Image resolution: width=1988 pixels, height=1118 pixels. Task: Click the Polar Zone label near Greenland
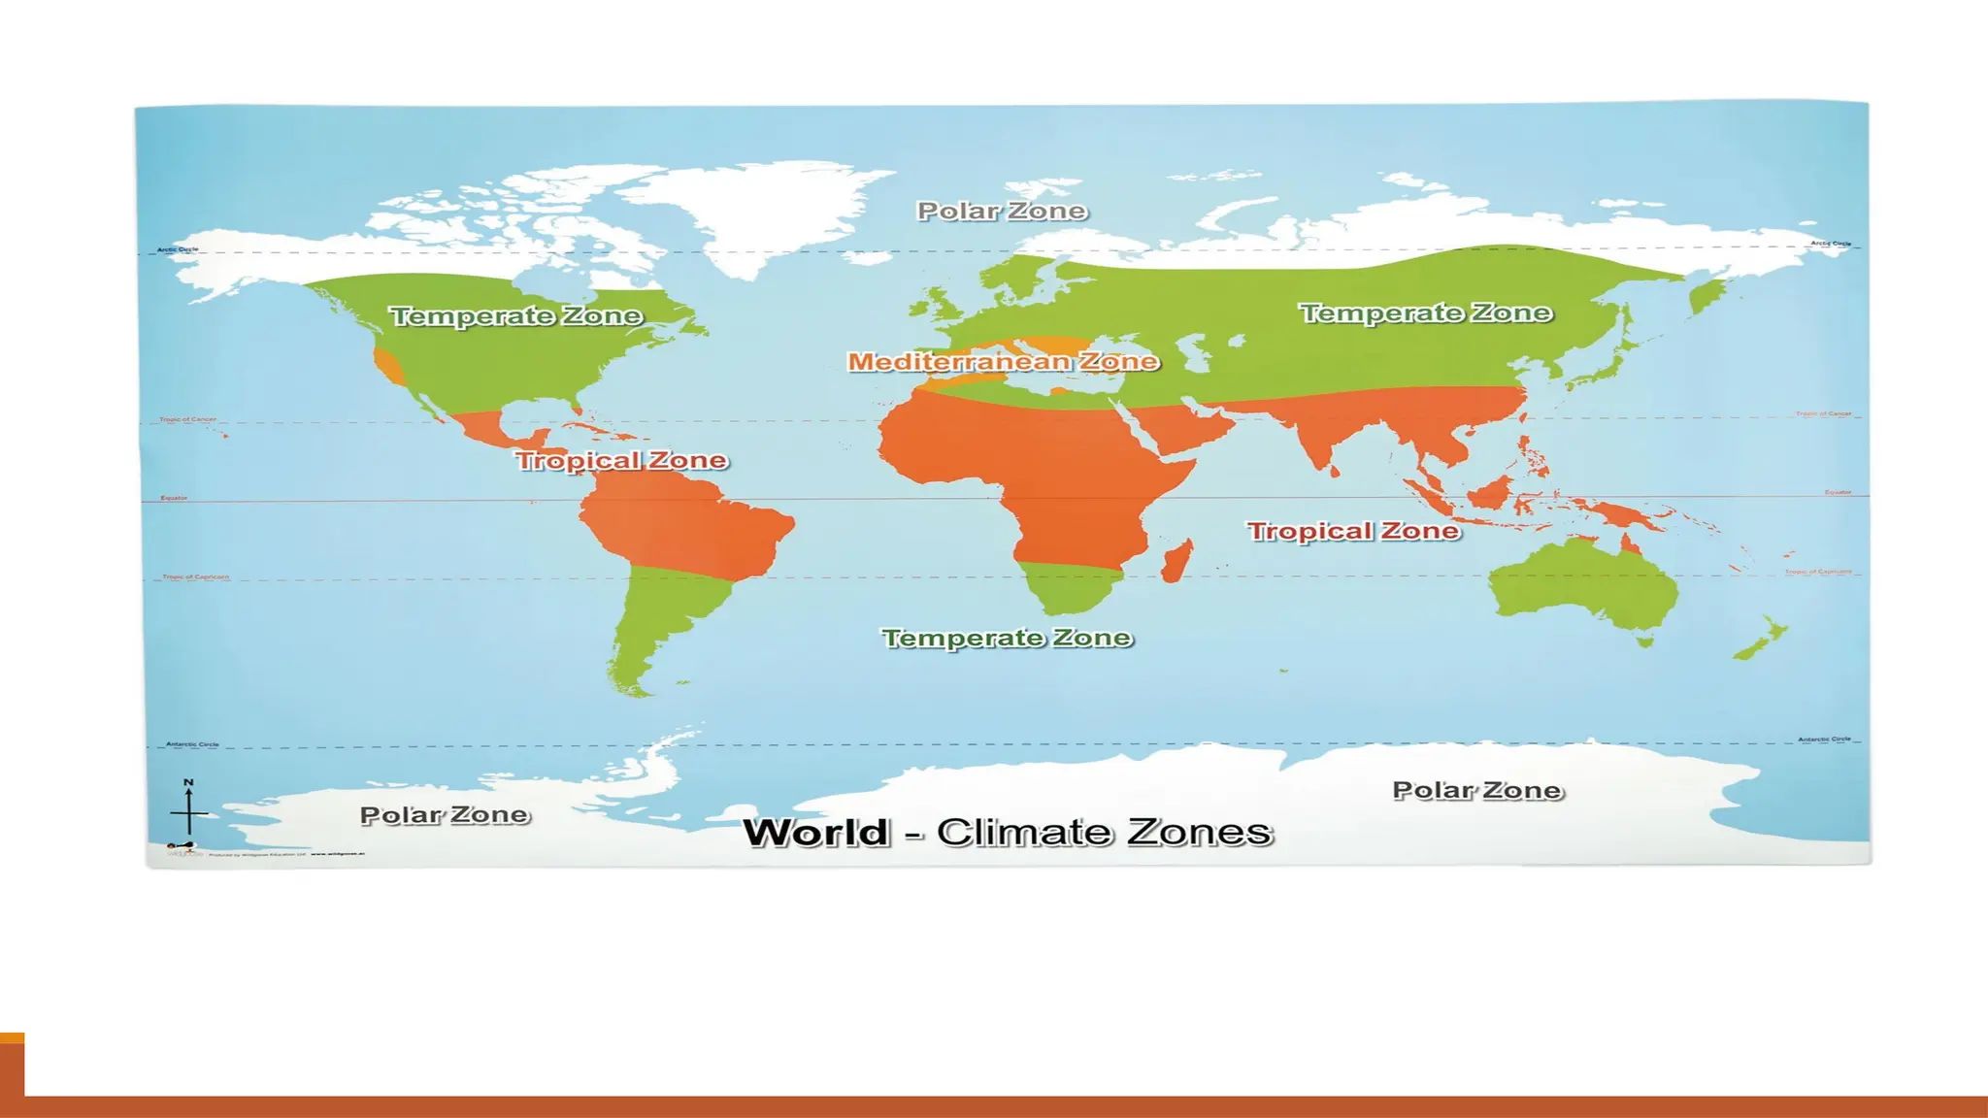point(1002,211)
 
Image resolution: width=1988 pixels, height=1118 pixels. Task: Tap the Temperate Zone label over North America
point(515,315)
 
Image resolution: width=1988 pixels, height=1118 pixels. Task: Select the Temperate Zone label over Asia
point(1425,312)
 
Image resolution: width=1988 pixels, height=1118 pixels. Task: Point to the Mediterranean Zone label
point(1003,361)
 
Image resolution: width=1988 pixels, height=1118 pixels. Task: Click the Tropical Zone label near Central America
point(621,460)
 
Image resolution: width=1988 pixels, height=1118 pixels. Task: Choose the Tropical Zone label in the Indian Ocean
point(1353,531)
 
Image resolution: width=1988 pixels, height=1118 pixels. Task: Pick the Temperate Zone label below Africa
point(1007,638)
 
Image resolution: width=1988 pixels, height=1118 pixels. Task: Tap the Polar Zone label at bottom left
point(445,815)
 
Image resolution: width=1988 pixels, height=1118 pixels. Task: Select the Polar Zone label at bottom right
point(1477,791)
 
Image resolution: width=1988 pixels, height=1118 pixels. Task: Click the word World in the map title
point(815,833)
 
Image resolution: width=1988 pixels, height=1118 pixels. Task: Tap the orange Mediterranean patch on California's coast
point(389,368)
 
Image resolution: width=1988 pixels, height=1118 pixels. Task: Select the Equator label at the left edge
point(174,498)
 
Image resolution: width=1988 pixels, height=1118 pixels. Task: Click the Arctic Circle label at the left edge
point(178,249)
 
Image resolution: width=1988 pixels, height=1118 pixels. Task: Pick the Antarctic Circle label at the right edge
point(1824,740)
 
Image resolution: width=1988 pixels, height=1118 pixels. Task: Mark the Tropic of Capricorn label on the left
point(195,576)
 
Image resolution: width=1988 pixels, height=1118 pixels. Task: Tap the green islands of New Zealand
point(1762,640)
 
